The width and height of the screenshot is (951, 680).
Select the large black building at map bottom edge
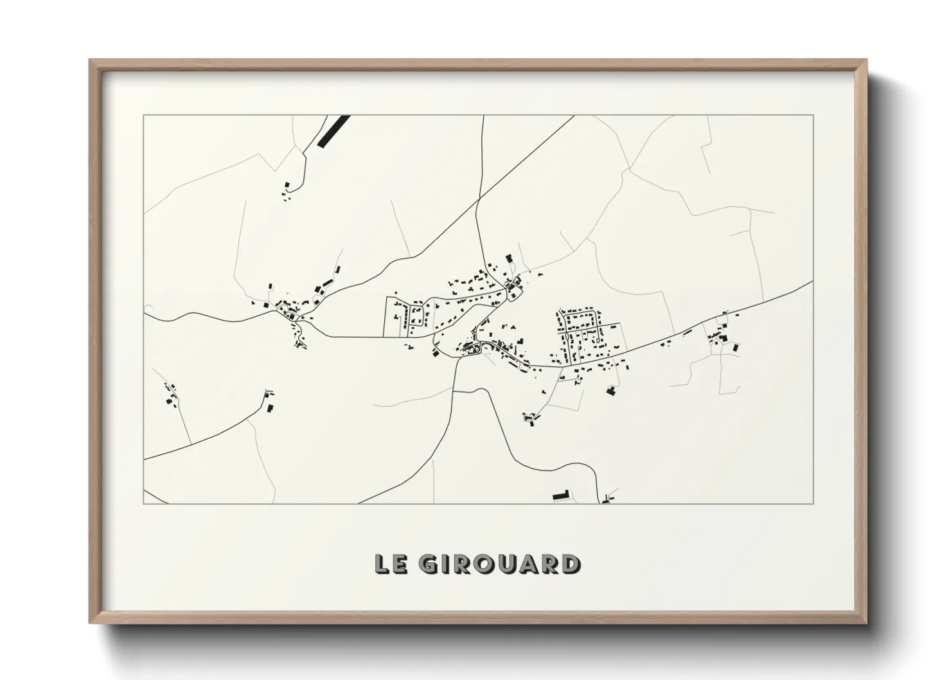(x=561, y=496)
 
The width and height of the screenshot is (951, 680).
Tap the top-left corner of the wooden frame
(x=91, y=60)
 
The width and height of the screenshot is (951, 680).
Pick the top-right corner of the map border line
(x=813, y=115)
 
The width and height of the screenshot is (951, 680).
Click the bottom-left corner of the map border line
(x=143, y=503)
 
